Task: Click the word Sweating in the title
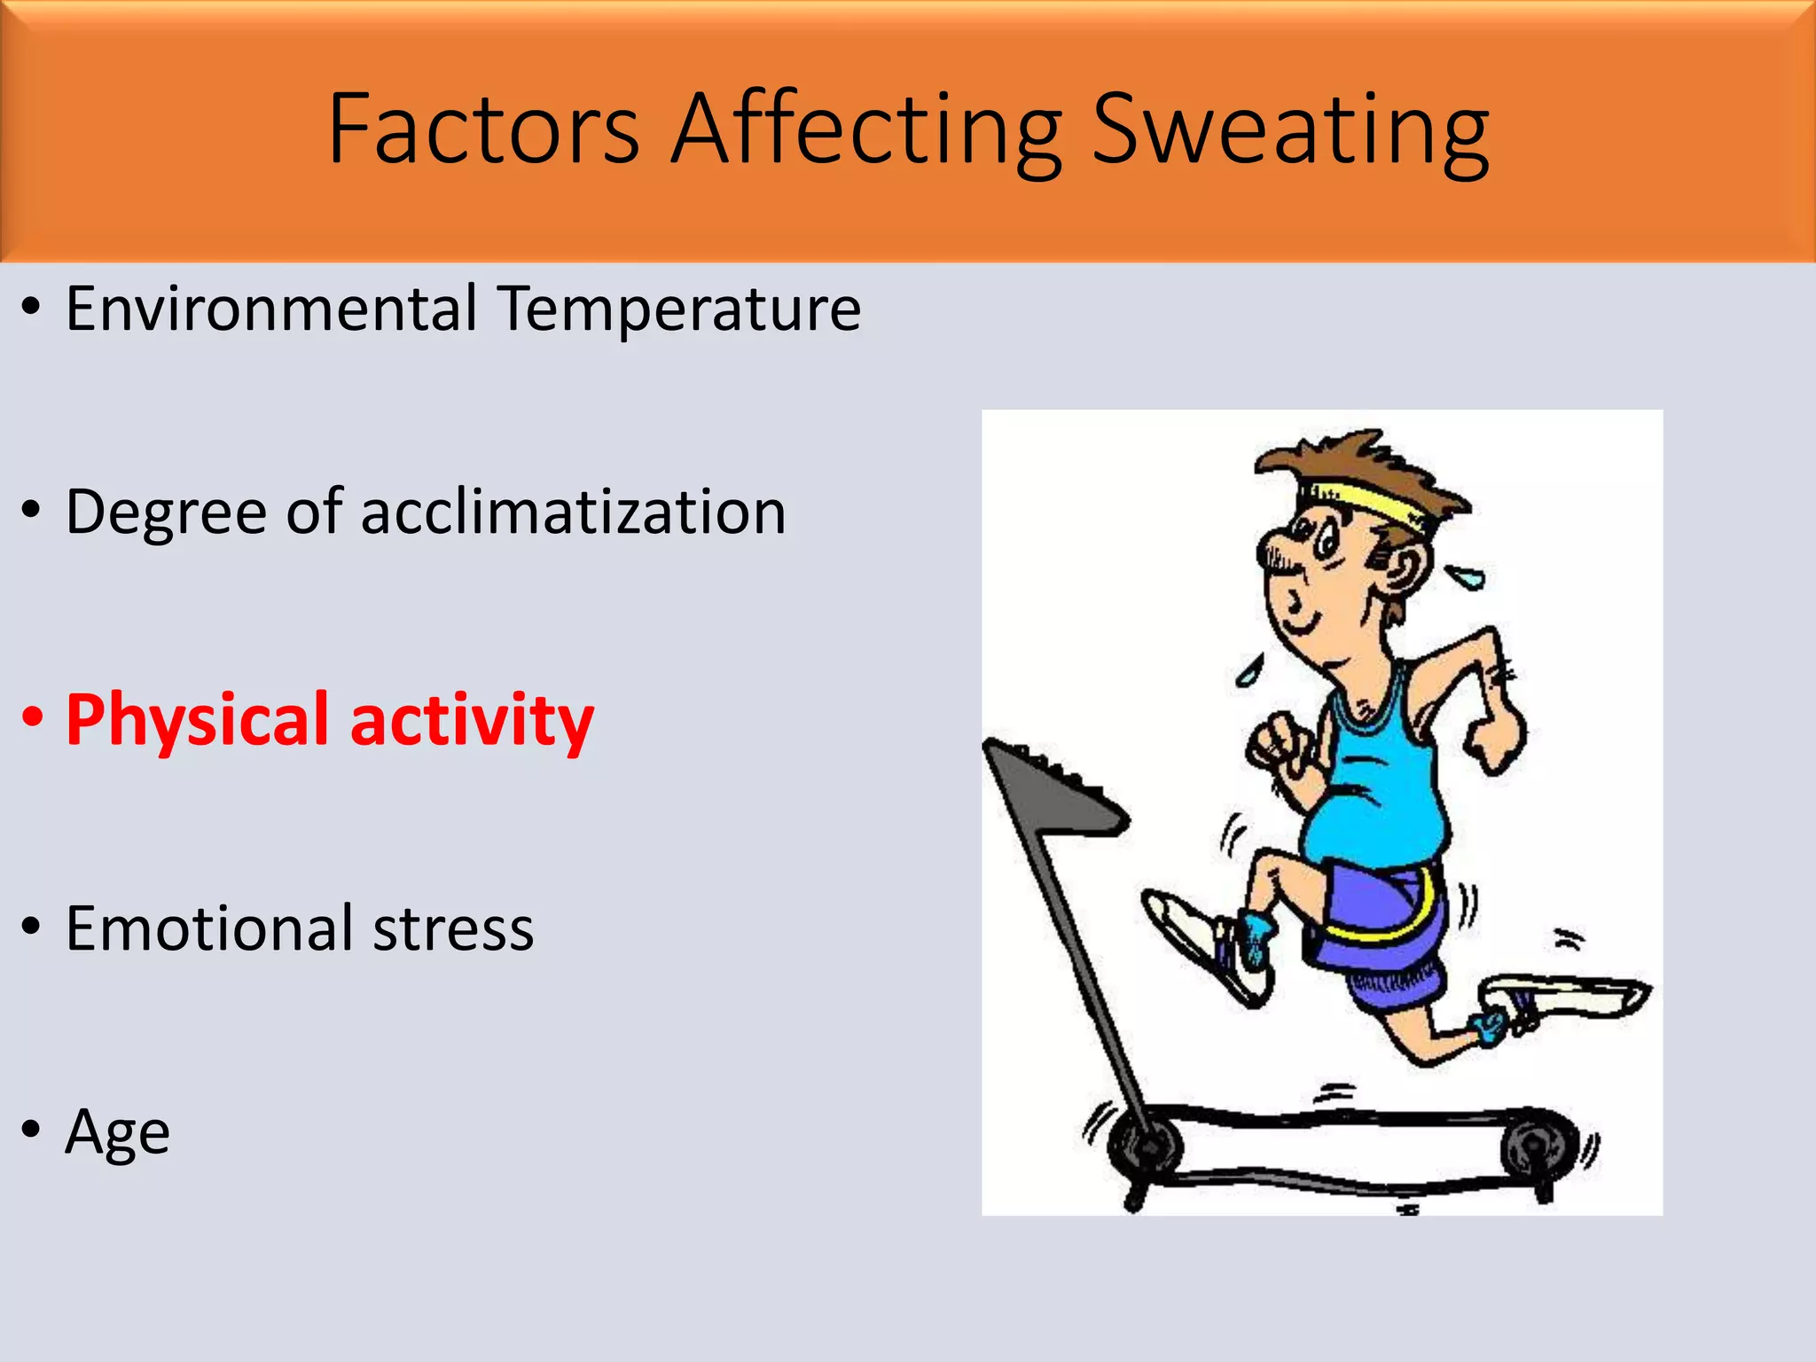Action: (x=1290, y=130)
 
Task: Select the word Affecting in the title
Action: (x=865, y=130)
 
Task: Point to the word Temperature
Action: (x=678, y=310)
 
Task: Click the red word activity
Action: (x=472, y=721)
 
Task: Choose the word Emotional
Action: (x=209, y=928)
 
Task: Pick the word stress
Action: (x=453, y=930)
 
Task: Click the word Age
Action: (x=117, y=1134)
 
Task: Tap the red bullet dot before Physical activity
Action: (x=32, y=716)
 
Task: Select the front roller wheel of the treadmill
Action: (x=1146, y=1146)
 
